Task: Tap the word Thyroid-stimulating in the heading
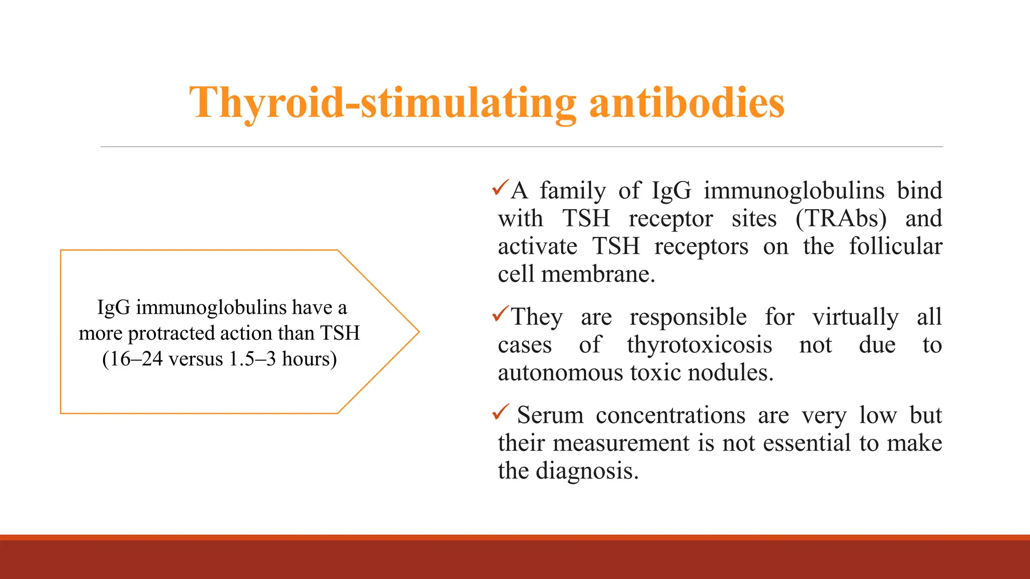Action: pyautogui.click(x=382, y=103)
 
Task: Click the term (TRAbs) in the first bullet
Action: pyautogui.click(x=841, y=219)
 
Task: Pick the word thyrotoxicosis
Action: pyautogui.click(x=699, y=345)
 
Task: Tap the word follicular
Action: pyautogui.click(x=895, y=246)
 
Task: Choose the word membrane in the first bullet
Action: pyautogui.click(x=598, y=274)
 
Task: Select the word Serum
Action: pyautogui.click(x=550, y=416)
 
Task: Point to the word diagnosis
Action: pyautogui.click(x=587, y=471)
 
